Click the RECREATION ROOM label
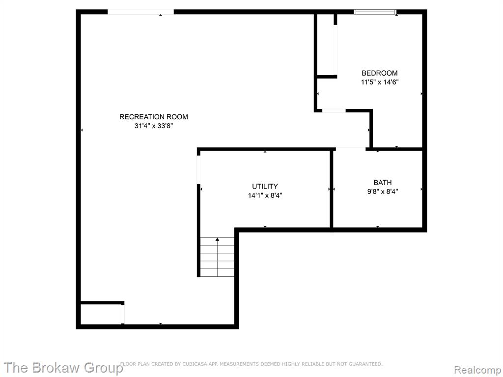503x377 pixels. click(154, 117)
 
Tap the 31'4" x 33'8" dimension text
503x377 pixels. click(154, 126)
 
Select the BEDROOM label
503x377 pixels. click(380, 73)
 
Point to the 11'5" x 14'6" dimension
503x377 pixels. click(380, 82)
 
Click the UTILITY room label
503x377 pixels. click(265, 187)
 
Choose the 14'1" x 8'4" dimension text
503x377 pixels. click(265, 195)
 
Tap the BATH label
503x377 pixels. click(382, 183)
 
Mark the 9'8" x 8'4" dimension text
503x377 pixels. click(382, 192)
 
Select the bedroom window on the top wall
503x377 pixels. click(375, 12)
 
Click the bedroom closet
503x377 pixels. click(326, 45)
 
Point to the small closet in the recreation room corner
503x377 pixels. click(101, 314)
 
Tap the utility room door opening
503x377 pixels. click(198, 169)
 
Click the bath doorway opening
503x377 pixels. click(351, 149)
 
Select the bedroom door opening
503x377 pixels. click(334, 110)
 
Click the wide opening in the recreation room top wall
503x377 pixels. click(140, 12)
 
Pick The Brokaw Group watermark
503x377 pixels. click(63, 368)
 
